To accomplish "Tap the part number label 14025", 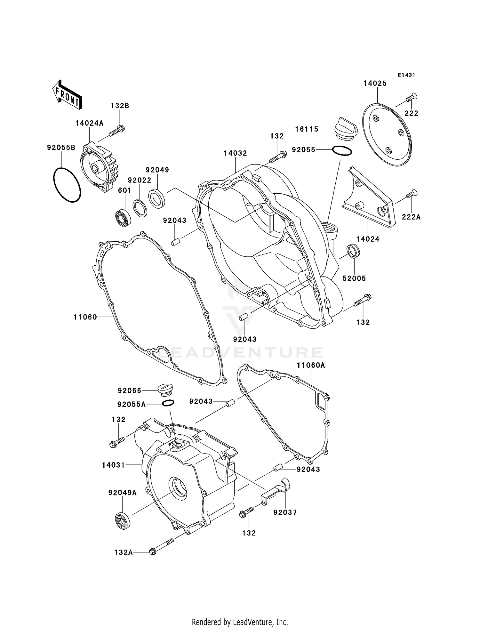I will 375,84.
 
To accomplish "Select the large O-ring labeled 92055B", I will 67,185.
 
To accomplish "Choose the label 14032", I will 235,153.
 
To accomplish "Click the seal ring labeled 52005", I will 353,251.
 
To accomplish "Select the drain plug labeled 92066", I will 166,390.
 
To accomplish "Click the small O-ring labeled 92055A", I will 168,403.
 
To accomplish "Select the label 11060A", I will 310,365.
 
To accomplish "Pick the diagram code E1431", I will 406,75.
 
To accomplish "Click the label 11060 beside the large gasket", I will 85,317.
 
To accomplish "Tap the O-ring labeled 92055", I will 342,151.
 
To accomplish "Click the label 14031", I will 113,465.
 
